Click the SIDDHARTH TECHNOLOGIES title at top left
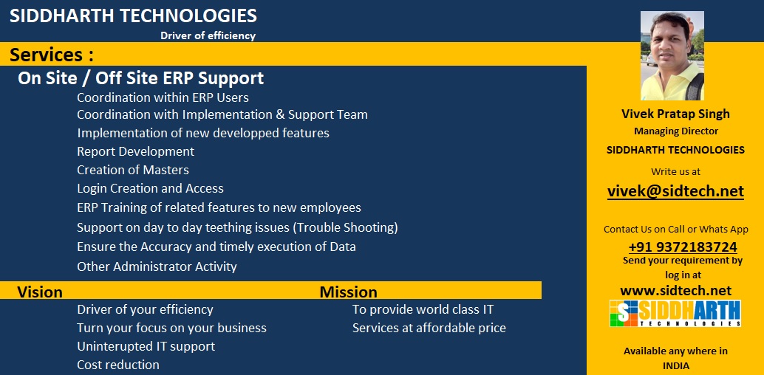133,16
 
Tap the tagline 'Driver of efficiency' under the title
208,35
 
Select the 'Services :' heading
52,55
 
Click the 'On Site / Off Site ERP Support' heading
140,78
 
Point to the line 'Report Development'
135,151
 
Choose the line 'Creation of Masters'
133,170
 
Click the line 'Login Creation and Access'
150,188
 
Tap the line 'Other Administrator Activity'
157,266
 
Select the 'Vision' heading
40,292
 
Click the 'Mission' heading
348,292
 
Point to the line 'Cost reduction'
118,365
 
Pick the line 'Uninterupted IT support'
146,346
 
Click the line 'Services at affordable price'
429,328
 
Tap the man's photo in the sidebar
672,55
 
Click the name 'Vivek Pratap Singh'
675,114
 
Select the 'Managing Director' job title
675,131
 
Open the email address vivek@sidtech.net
675,191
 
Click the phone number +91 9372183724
682,247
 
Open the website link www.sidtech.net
675,290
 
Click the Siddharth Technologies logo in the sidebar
675,313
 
